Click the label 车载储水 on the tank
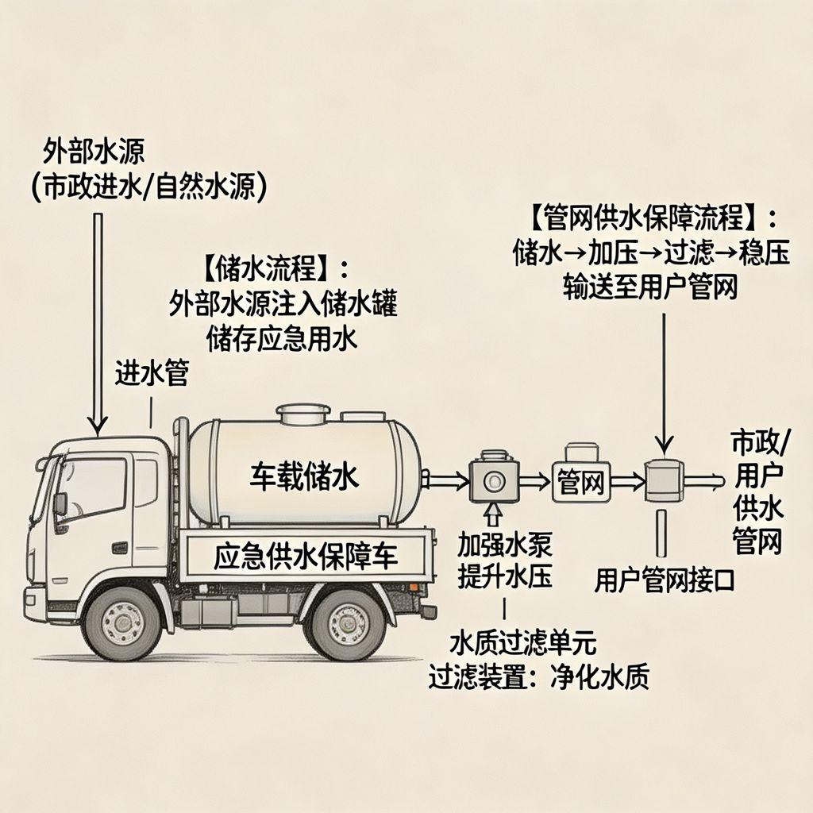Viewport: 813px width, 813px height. (305, 476)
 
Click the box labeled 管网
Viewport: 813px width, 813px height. (582, 481)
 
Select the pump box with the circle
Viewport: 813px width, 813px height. (493, 481)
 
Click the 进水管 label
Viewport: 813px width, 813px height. (152, 372)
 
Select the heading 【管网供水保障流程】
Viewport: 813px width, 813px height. (651, 217)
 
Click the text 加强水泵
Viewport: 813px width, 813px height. (505, 545)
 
